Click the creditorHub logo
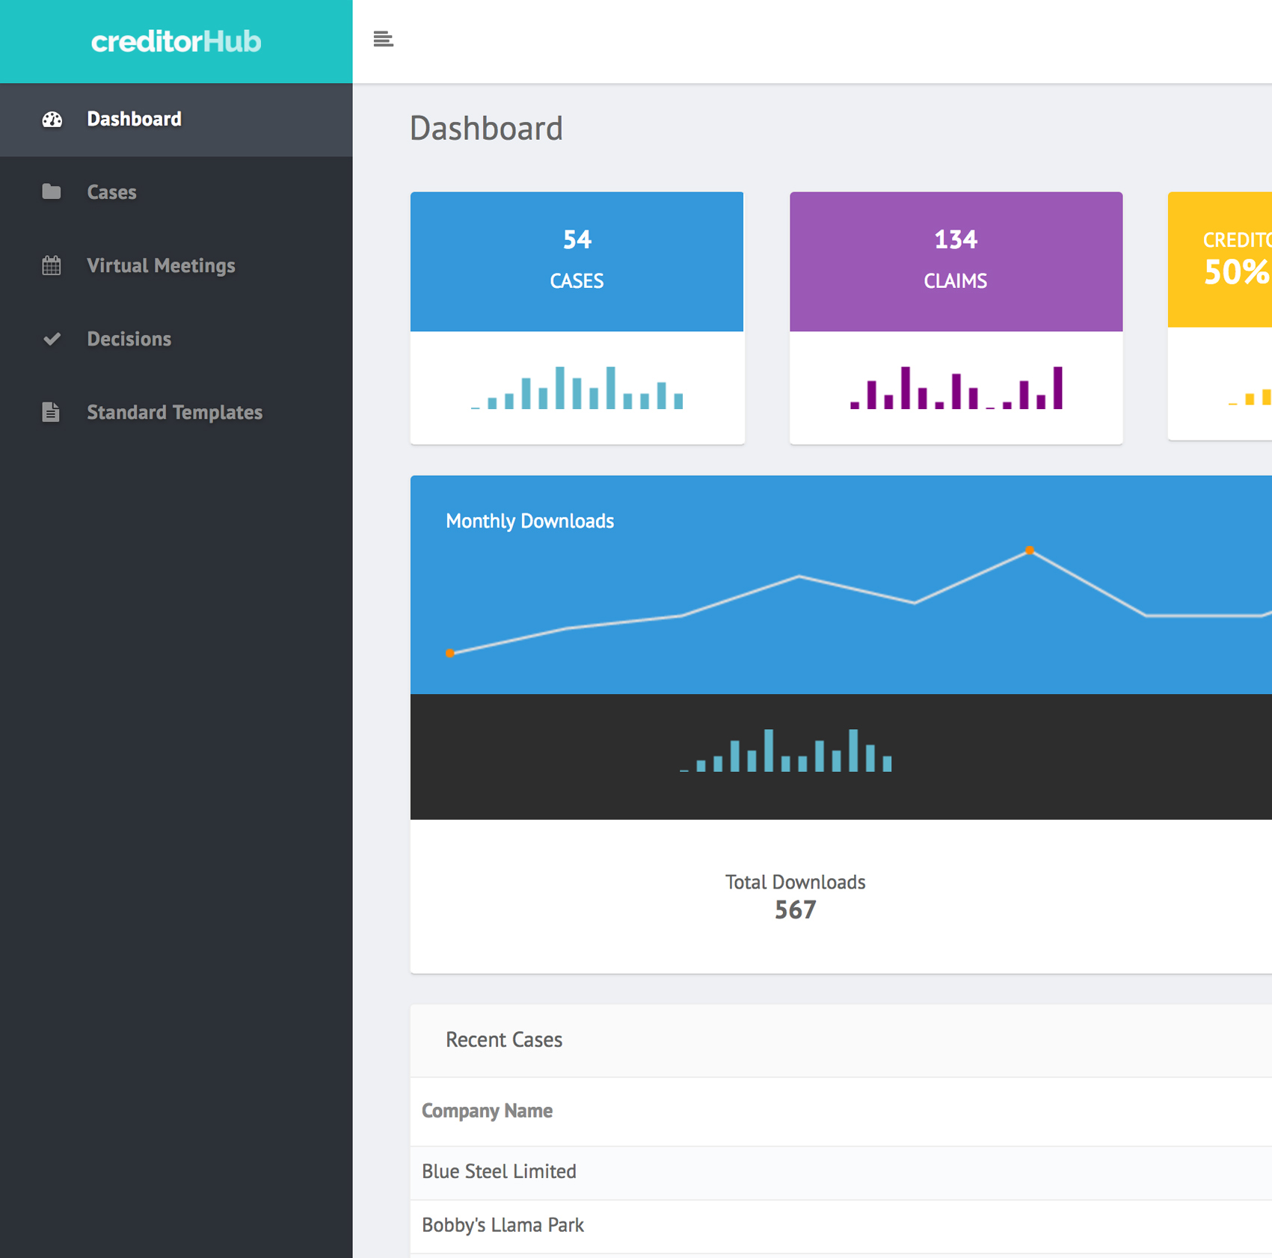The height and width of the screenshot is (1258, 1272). click(176, 41)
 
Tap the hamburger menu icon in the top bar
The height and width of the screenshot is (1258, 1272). click(383, 39)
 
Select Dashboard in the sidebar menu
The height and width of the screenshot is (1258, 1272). click(134, 119)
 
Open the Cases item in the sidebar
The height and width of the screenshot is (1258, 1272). click(111, 192)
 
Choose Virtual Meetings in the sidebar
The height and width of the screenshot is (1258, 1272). click(161, 266)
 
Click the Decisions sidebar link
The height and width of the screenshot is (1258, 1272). click(129, 339)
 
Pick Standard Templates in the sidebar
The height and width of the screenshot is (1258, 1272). click(174, 412)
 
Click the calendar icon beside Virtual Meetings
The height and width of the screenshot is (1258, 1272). click(52, 266)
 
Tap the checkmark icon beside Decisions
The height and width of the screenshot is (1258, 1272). click(52, 339)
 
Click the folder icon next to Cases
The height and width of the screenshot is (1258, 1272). click(52, 192)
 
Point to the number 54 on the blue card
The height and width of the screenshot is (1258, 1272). click(577, 239)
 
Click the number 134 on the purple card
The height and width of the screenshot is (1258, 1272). click(955, 239)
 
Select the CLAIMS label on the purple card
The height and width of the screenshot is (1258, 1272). click(955, 281)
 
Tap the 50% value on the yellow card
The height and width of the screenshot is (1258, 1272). click(1236, 271)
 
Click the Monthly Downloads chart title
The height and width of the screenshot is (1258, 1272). click(529, 521)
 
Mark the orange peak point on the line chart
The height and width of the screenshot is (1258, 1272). click(1030, 550)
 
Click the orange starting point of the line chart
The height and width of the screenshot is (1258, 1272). click(450, 653)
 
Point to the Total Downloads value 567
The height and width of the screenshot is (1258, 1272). click(795, 909)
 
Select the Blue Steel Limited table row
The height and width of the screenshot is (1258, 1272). click(499, 1171)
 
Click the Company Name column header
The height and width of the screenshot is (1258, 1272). click(487, 1111)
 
